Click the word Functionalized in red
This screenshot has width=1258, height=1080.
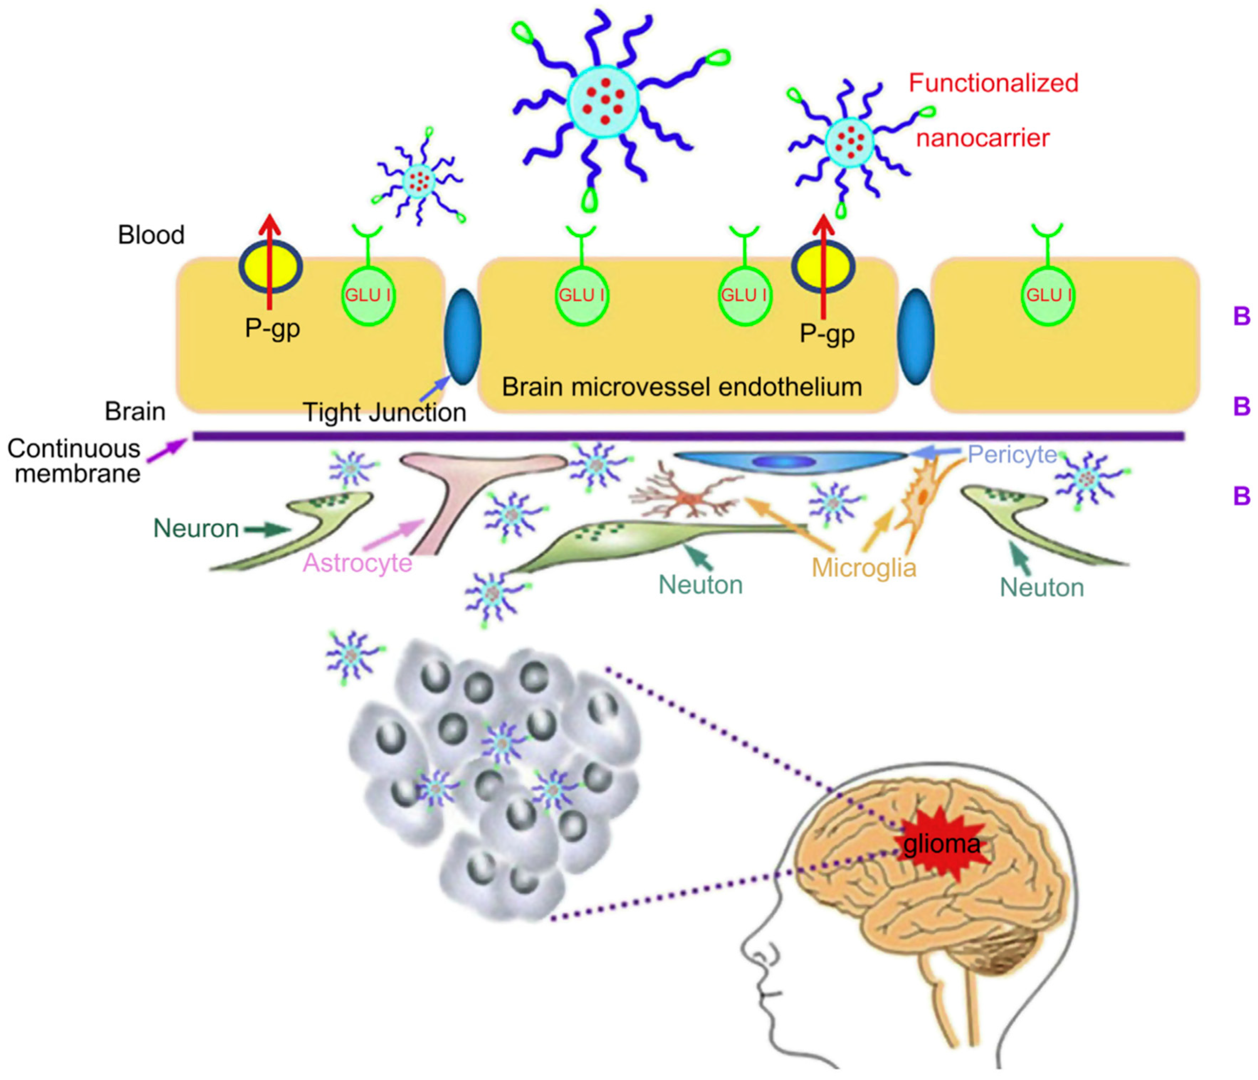click(993, 83)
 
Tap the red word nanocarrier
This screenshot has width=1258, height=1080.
click(982, 138)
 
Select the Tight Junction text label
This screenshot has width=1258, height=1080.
click(384, 413)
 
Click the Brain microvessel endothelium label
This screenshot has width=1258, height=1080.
click(681, 386)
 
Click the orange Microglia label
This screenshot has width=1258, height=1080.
click(863, 568)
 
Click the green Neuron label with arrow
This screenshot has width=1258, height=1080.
click(196, 529)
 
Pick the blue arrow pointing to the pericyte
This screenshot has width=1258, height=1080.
click(935, 452)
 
